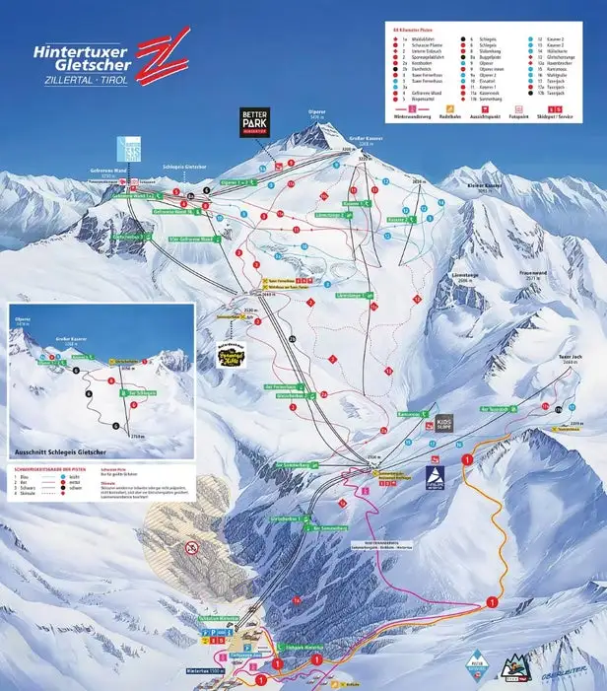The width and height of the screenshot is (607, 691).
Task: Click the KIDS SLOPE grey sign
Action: coord(444,425)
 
